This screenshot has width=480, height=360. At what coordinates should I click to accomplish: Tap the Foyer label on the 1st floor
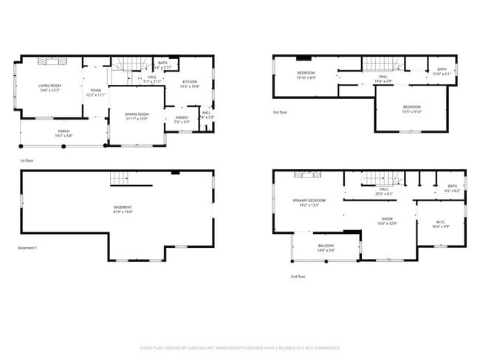95,92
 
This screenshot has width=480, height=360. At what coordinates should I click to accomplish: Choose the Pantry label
181,120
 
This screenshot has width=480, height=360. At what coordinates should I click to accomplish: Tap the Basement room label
123,209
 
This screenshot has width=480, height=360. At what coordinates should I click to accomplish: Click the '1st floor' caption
27,160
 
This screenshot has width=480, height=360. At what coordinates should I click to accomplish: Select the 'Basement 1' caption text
27,248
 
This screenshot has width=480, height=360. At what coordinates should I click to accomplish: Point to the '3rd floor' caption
281,113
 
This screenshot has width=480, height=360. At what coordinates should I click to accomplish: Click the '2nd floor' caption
298,277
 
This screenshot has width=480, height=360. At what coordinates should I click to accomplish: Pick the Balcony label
326,247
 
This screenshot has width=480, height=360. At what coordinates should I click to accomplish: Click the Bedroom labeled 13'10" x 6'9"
306,75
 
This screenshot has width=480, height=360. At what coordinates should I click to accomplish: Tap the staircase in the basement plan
119,177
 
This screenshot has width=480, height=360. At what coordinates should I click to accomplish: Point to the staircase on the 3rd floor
383,63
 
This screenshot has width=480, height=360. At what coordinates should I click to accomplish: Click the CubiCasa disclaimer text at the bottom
240,347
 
